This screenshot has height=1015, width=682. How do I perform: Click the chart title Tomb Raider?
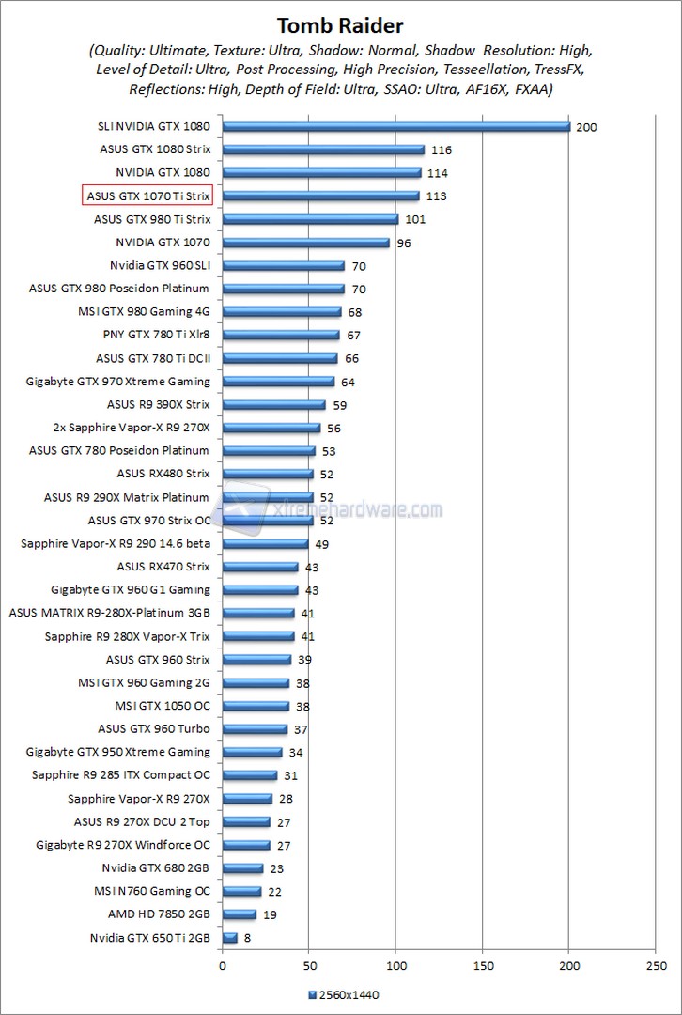[x=341, y=24]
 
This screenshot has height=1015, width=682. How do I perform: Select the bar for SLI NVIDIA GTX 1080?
[x=395, y=126]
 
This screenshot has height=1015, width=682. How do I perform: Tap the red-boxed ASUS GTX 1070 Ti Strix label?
[x=147, y=195]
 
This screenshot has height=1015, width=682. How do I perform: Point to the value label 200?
[x=587, y=127]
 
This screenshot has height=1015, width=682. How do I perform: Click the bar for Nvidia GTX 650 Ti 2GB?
[x=230, y=937]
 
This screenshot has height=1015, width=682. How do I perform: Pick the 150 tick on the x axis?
[x=483, y=964]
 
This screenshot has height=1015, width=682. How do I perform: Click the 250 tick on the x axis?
[x=656, y=964]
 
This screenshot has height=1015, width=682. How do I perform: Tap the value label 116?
[x=441, y=150]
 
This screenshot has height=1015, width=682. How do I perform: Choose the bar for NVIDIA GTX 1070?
[x=305, y=242]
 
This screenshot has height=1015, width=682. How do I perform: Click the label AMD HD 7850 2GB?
[x=159, y=913]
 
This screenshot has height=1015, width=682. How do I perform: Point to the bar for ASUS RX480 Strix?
[x=268, y=474]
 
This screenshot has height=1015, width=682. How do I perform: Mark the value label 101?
[x=414, y=220]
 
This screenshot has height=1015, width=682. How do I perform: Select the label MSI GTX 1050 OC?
[x=163, y=706]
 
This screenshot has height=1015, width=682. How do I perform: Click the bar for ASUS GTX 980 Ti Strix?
[x=310, y=219]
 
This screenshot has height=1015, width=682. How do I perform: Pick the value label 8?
[x=248, y=938]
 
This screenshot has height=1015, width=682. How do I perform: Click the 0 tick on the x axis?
[x=223, y=964]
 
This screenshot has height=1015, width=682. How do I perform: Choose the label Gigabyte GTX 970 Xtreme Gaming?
[x=118, y=381]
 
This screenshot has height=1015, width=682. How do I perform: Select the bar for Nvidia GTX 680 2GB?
[x=242, y=867]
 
